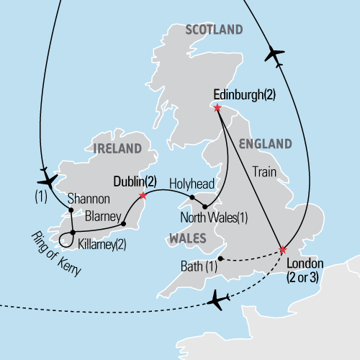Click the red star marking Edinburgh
(217, 107)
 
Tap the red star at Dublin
(143, 195)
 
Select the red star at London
(282, 251)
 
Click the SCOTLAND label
(214, 30)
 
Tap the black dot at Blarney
(124, 223)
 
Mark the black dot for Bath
(218, 258)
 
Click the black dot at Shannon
(71, 210)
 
